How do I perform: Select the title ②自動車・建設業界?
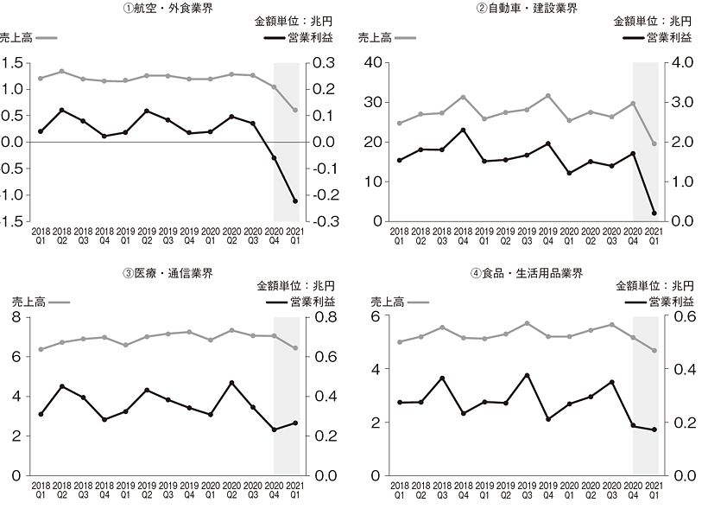click(x=526, y=8)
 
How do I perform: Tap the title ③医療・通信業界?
click(x=168, y=274)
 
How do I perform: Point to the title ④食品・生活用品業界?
click(x=527, y=274)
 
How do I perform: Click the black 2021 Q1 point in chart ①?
click(x=295, y=201)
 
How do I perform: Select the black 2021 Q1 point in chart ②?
click(x=654, y=213)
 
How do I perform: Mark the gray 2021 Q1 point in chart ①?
click(x=295, y=110)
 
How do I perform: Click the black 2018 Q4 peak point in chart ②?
click(x=463, y=130)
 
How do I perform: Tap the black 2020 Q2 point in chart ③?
click(x=232, y=383)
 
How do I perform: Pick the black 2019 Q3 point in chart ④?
click(x=527, y=375)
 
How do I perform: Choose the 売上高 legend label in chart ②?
click(x=375, y=37)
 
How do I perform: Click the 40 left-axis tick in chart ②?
click(x=374, y=62)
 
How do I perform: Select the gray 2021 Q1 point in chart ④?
click(x=654, y=350)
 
